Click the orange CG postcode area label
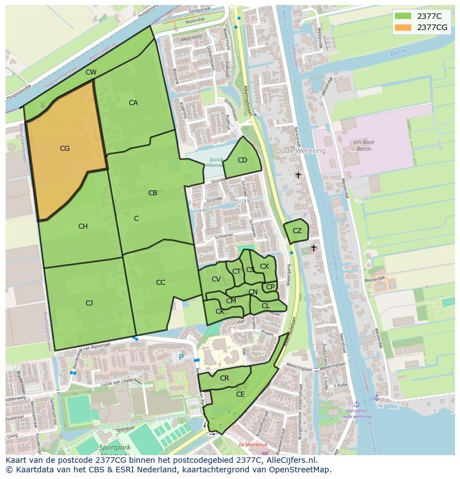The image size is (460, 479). coord(64,149)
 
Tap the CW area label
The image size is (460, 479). coord(91,72)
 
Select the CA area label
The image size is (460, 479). coord(133,103)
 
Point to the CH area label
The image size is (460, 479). coord(83,226)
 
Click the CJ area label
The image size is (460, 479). coord(89,303)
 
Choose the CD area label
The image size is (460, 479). coord(242,160)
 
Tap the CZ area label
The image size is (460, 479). coord(297,231)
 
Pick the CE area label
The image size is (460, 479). coord(241,394)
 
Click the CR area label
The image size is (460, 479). coord(224,378)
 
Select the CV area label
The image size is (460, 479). coord(216,279)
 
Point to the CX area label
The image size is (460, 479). coord(264,266)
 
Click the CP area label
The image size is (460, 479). coord(270,287)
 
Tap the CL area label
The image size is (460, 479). coord(266,306)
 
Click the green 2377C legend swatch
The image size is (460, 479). coord(403,16)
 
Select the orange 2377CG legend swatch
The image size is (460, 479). coord(403,27)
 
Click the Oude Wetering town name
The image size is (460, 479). coord(301,151)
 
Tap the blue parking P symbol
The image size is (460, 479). coord(181,357)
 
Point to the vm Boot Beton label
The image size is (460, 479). coord(364,146)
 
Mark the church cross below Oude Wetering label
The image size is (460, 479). coord(298,175)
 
